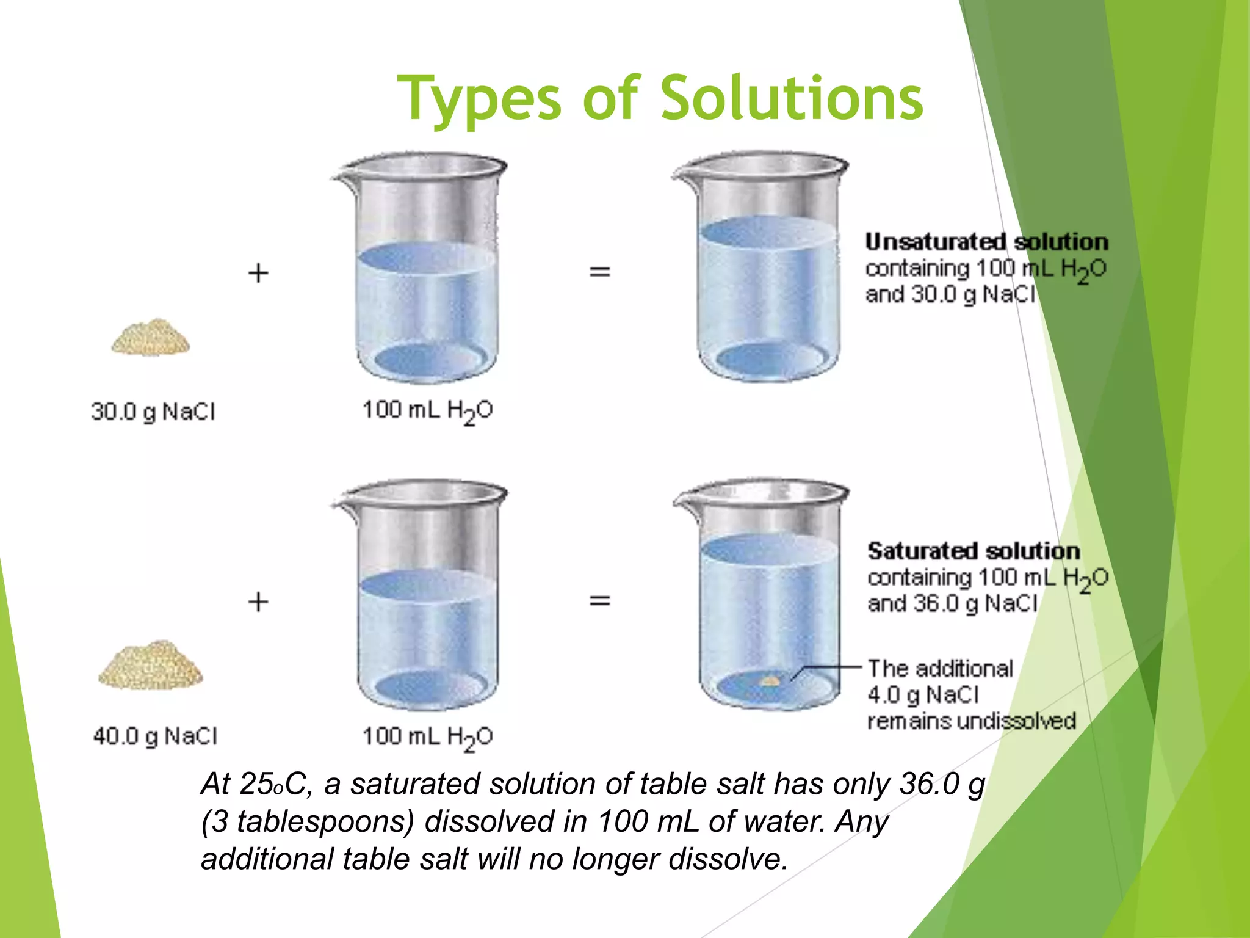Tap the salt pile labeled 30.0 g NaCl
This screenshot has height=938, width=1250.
pyautogui.click(x=150, y=337)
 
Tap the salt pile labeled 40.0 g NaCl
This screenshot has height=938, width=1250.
pyautogui.click(x=150, y=666)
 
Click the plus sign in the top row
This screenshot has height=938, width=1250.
pyautogui.click(x=258, y=273)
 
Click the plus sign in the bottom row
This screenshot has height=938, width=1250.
pyautogui.click(x=258, y=602)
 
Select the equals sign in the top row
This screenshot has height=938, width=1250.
pyautogui.click(x=599, y=271)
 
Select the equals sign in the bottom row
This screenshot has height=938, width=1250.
pyautogui.click(x=599, y=601)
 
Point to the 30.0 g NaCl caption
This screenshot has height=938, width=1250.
pyautogui.click(x=153, y=412)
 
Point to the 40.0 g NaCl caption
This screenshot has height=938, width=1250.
pyautogui.click(x=155, y=736)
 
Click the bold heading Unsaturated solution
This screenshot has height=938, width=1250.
pyautogui.click(x=986, y=242)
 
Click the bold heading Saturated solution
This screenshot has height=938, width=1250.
pyautogui.click(x=974, y=551)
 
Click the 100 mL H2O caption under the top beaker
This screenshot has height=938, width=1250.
pyautogui.click(x=427, y=411)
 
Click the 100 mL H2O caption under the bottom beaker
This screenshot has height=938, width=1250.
pyautogui.click(x=427, y=737)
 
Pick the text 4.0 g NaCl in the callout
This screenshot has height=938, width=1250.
pyautogui.click(x=923, y=695)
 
